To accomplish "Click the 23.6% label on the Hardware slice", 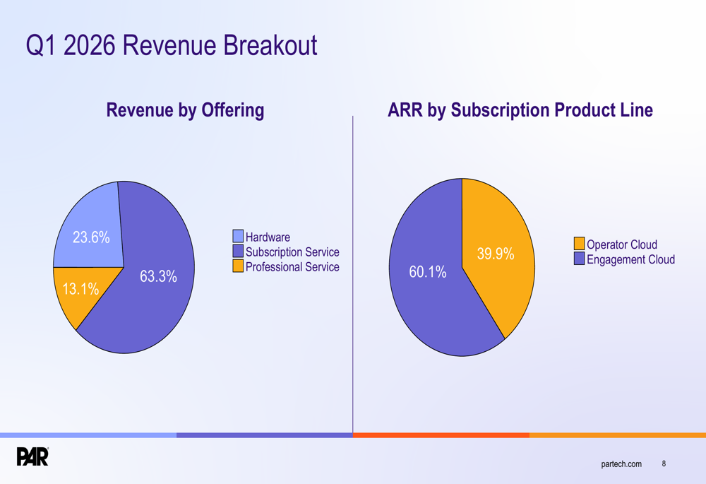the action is point(91,237).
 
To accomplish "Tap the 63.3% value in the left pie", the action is point(158,276).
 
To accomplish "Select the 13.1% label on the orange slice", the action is point(80,289).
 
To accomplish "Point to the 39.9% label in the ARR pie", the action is point(496,254).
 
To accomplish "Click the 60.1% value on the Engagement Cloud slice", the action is point(428,272).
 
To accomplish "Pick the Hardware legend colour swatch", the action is point(238,236).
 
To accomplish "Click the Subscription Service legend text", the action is point(292,252).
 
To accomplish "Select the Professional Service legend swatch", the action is point(238,266).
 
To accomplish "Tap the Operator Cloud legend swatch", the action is point(580,243).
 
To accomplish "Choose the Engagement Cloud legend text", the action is point(630,259).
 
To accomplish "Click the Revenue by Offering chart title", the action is point(185,110).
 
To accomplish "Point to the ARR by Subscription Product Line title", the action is point(520,110).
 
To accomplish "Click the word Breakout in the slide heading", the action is point(270,45).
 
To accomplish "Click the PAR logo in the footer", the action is point(32,456).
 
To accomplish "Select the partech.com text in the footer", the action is point(621,464).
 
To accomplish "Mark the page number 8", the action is point(664,464).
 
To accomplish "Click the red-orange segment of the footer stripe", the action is point(441,435).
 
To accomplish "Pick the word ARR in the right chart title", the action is point(405,110).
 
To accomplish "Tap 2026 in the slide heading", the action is point(90,45).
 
